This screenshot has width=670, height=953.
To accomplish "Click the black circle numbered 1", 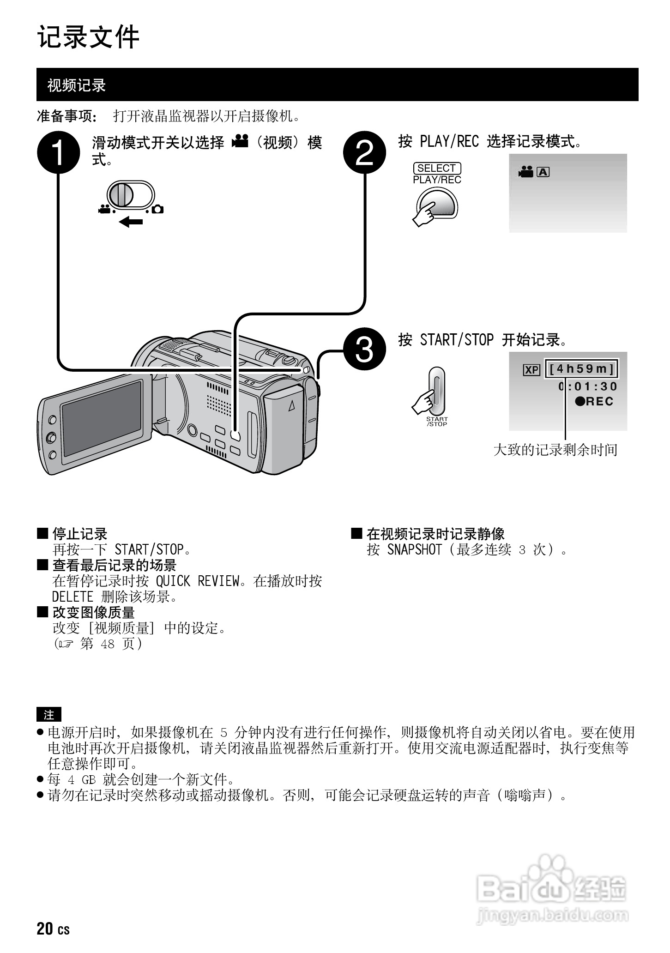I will tap(59, 153).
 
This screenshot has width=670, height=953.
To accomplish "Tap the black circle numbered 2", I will tap(364, 153).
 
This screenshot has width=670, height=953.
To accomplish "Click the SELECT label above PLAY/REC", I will tap(437, 169).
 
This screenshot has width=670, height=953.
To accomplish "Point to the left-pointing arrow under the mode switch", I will tap(131, 223).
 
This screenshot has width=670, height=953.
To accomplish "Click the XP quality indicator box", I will tap(531, 370).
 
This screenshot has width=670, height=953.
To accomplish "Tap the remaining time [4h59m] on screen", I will tap(581, 369).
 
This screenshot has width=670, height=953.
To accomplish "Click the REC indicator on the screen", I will tap(594, 401).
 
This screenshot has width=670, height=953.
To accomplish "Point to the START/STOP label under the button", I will tap(437, 422).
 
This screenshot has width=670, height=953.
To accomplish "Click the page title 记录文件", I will tap(88, 37).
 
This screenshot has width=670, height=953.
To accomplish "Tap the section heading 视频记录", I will tap(77, 85).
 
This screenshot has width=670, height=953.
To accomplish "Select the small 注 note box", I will tap(48, 715).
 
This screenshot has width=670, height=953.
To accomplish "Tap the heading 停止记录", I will tap(79, 534).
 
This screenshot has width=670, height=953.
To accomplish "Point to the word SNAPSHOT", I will tap(414, 549).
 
